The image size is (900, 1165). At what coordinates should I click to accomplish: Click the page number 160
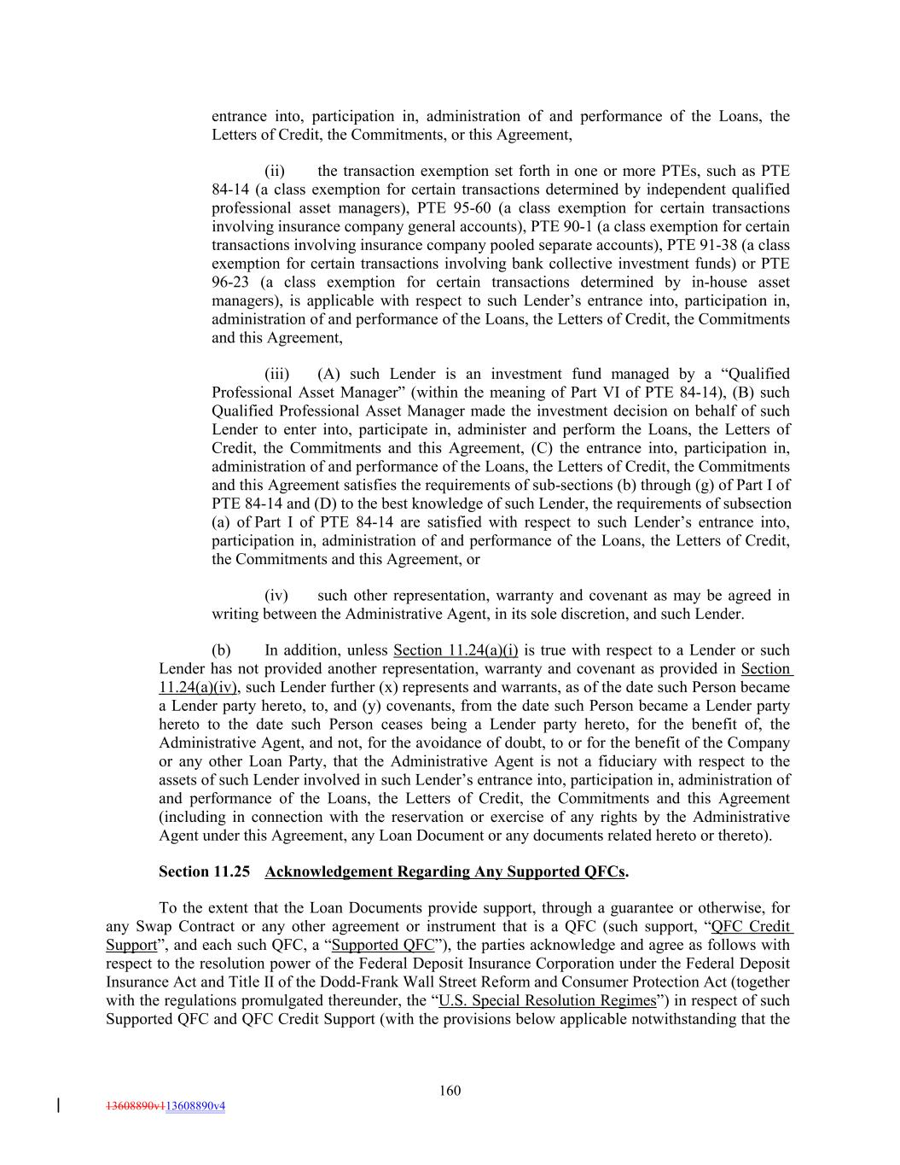coord(450,1090)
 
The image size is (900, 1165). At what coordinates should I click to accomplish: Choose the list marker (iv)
coord(276,596)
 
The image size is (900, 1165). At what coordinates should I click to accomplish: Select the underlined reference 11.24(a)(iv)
coord(197,688)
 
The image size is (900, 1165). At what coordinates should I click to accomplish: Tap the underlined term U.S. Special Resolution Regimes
coord(547,1000)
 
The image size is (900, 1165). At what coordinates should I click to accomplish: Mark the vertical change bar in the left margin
coord(58,1105)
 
